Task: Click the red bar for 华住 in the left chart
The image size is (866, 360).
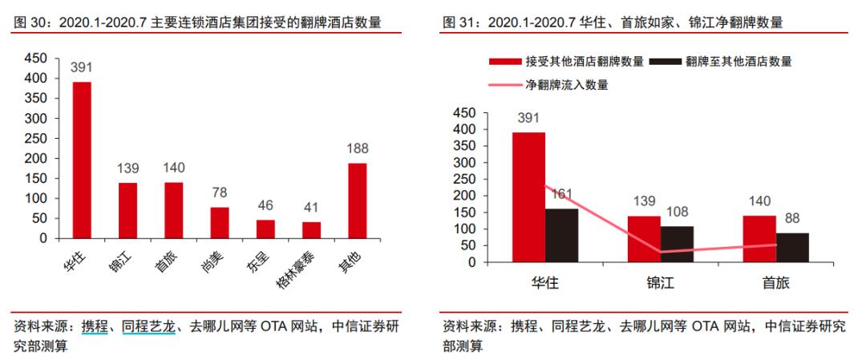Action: point(82,160)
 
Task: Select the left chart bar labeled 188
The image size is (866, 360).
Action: point(357,200)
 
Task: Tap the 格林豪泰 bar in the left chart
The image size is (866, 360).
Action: point(311,229)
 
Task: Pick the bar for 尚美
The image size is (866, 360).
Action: point(220,222)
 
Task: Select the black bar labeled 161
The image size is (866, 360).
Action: point(561,235)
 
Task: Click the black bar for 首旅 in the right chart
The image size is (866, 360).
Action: point(792,247)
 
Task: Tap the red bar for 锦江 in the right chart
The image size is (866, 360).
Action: point(644,239)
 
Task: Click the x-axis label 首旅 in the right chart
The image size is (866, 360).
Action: point(775,284)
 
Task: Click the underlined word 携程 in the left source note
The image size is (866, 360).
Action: point(94,326)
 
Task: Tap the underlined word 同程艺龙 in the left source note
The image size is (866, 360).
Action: point(148,326)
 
